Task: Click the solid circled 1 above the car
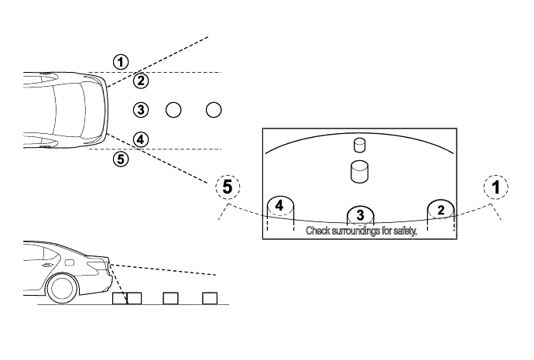120,60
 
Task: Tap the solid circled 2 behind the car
140,80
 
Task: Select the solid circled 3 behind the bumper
140,110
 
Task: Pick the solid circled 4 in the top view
140,139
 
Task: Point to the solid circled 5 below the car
120,159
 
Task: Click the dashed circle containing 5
227,187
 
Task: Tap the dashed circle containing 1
495,187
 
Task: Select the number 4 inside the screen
280,207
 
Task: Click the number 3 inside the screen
359,214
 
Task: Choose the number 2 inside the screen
440,208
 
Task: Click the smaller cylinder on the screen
358,145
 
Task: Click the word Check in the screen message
318,231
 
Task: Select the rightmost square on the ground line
208,298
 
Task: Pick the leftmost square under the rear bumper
118,298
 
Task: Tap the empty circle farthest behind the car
214,110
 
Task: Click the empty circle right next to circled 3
173,110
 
